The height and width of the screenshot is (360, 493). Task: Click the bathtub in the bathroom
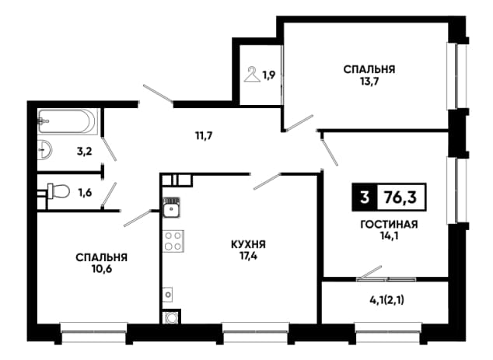coord(67,121)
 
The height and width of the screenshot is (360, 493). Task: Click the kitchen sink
coord(172,208)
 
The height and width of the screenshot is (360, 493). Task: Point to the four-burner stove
coord(173,241)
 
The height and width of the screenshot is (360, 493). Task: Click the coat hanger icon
coord(252,74)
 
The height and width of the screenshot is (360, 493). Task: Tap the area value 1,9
coord(269,75)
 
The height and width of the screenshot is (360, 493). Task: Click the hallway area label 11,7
coord(204,136)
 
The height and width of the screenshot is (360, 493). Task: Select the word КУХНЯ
coord(248,244)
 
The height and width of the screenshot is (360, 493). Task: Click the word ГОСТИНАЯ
coord(389,225)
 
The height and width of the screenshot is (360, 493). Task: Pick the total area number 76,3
coord(401,197)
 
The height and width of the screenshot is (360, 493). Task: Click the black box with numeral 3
coord(365,197)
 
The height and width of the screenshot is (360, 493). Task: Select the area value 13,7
coord(369,82)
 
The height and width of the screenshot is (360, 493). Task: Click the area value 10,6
coord(102,269)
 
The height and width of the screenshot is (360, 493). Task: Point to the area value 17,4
coord(248,256)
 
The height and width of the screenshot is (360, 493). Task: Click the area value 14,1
coord(389,236)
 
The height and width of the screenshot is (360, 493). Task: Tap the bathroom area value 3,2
coord(84,152)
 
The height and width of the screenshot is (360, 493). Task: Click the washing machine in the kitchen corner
coord(171,317)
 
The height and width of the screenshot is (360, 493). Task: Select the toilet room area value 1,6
coord(85,192)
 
